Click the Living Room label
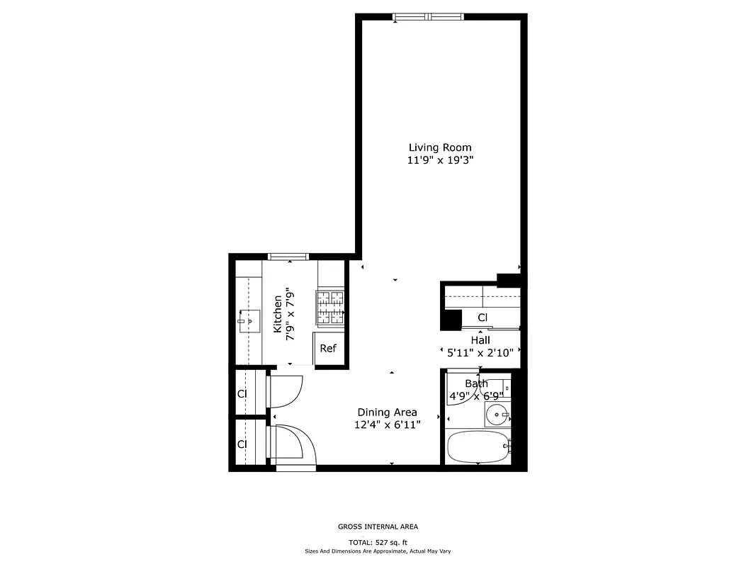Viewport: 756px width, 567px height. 439,147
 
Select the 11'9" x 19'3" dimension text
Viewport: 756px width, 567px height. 439,160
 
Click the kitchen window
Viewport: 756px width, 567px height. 288,257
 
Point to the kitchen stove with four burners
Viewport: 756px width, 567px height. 329,308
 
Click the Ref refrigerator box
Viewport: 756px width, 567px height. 327,348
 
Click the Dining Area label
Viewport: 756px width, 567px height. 387,412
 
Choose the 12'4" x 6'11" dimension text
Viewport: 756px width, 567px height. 387,425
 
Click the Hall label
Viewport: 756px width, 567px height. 480,340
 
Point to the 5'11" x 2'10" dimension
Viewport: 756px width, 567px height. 480,352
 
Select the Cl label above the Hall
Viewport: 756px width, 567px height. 483,317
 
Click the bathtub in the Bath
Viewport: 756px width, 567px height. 477,447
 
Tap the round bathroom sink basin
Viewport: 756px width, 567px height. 497,415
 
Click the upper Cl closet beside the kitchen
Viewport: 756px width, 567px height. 242,393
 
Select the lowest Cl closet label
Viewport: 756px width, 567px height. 242,444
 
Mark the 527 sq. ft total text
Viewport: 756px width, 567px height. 378,541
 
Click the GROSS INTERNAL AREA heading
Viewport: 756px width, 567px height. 378,527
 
